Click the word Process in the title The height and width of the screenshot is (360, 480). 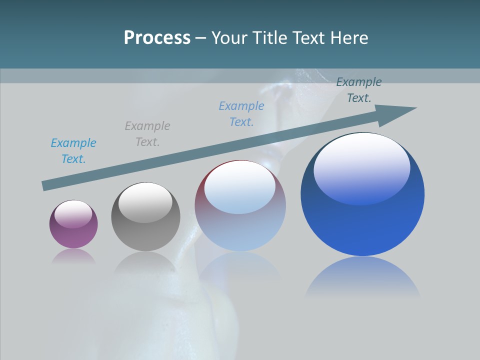click(157, 38)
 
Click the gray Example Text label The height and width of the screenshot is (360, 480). click(147, 133)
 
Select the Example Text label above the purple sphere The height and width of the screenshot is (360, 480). click(73, 150)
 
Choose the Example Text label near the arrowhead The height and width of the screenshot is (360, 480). click(359, 90)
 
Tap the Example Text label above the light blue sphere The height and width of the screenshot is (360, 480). click(241, 113)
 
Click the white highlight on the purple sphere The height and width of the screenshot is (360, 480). click(73, 214)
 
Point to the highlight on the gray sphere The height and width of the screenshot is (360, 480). click(145, 202)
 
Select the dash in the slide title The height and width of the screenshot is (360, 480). click(201, 38)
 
